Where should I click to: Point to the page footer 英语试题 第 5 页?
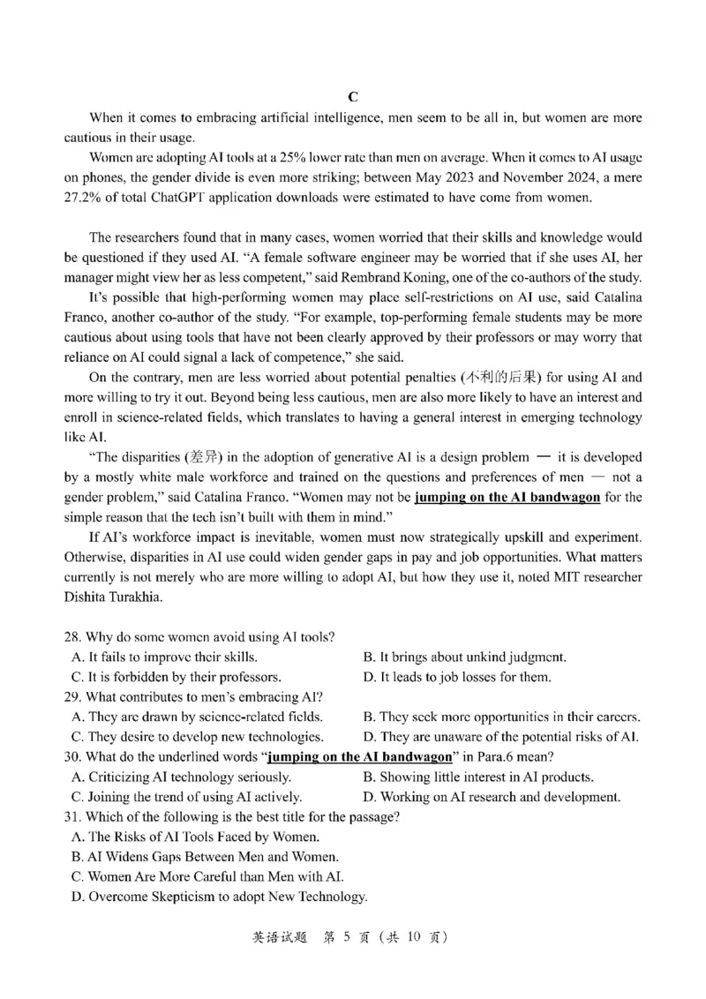pos(350,937)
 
